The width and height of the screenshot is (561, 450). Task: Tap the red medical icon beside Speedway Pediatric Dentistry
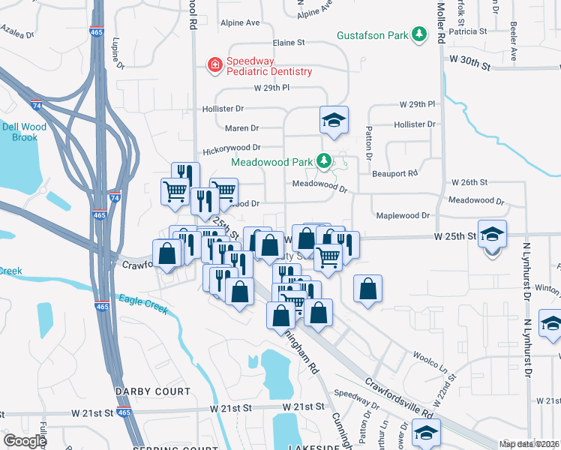point(215,65)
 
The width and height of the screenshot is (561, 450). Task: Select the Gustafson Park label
point(372,35)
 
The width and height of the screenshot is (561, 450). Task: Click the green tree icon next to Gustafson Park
point(420,34)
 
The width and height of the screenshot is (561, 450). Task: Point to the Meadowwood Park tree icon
point(323,160)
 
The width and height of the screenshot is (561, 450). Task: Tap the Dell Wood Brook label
point(24,132)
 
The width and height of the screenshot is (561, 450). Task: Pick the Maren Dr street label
point(241,128)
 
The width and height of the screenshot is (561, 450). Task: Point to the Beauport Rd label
point(394,174)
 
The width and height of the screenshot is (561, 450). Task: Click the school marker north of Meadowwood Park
point(334,120)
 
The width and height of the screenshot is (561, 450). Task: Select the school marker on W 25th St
point(492,234)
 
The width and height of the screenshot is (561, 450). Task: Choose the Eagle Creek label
point(142,304)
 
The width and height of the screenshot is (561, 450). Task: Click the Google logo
point(25,441)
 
